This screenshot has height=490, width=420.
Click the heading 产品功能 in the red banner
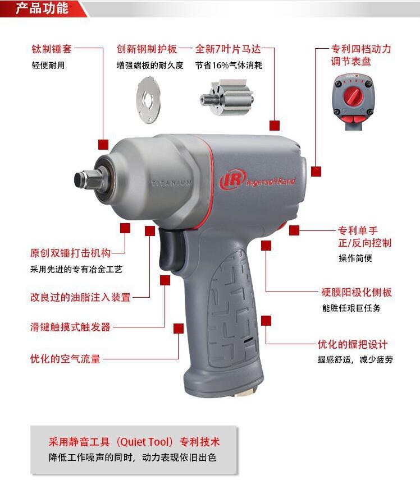coord(42,8)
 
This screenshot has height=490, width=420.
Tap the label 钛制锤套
coord(52,49)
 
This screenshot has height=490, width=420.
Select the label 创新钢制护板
coord(147,49)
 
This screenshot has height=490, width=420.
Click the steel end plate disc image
coord(149,100)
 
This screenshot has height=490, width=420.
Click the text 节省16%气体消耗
coord(229,65)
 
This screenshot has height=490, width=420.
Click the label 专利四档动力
coord(361,49)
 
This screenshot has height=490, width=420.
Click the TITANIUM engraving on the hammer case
coord(172,183)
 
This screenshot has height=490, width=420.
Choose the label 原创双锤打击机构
coord(70,253)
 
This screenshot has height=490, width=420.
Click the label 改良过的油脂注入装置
coord(80,297)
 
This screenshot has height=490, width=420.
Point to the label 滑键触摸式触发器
coord(70,327)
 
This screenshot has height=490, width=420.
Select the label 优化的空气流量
coord(65,359)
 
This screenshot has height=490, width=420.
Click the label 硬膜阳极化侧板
coord(357,292)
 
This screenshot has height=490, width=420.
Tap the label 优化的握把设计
coord(353,344)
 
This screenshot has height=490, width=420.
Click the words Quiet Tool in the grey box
coord(145,442)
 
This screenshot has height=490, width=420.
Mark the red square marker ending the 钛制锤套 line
coord(103,145)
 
